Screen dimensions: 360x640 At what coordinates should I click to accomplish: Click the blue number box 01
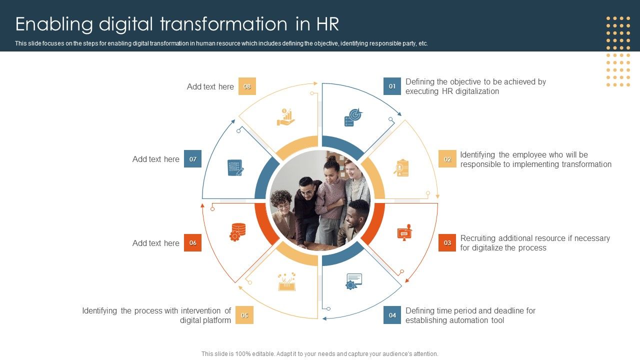[x=392, y=86]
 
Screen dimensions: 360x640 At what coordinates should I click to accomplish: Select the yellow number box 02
[x=447, y=159]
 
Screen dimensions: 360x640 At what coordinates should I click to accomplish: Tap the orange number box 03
[x=447, y=243]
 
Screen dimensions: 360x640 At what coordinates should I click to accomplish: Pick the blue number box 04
[x=392, y=315]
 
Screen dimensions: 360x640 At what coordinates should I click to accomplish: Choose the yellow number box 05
[x=244, y=315]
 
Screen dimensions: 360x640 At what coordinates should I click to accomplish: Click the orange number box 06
[x=192, y=243]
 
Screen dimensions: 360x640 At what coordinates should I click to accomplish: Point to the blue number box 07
[x=192, y=159]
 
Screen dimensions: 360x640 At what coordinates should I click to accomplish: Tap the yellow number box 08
[x=247, y=86]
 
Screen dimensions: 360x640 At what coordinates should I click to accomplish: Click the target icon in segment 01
[x=353, y=117]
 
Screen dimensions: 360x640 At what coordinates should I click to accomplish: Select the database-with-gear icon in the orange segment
[x=237, y=232]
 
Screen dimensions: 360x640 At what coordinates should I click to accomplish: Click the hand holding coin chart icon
[x=285, y=116]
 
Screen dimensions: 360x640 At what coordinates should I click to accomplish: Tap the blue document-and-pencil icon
[x=235, y=167]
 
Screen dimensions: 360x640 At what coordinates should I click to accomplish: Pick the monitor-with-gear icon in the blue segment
[x=353, y=281]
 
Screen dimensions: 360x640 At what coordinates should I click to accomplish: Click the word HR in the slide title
[x=327, y=24]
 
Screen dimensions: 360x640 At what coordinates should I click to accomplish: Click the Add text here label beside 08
[x=210, y=86]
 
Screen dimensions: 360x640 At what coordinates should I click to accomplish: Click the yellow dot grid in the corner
[x=618, y=51]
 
